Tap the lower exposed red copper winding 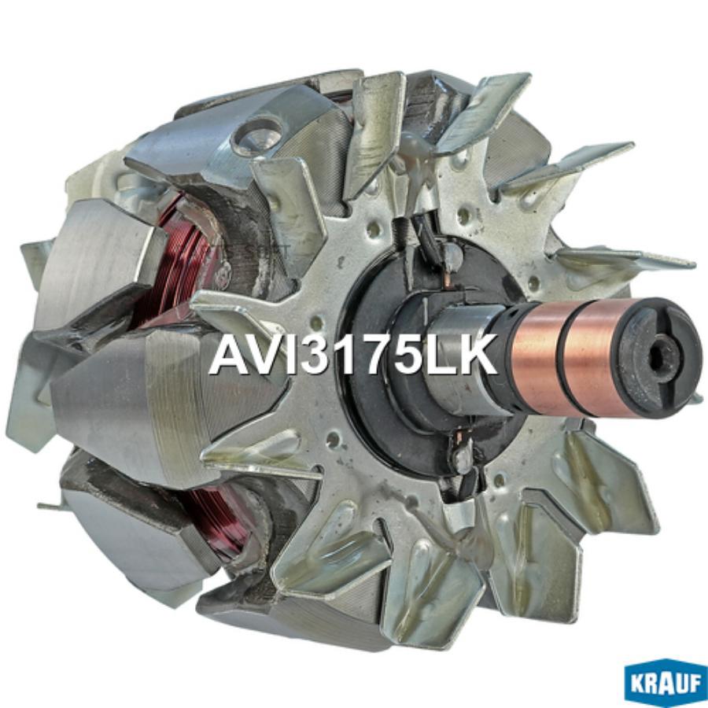[216, 519]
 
